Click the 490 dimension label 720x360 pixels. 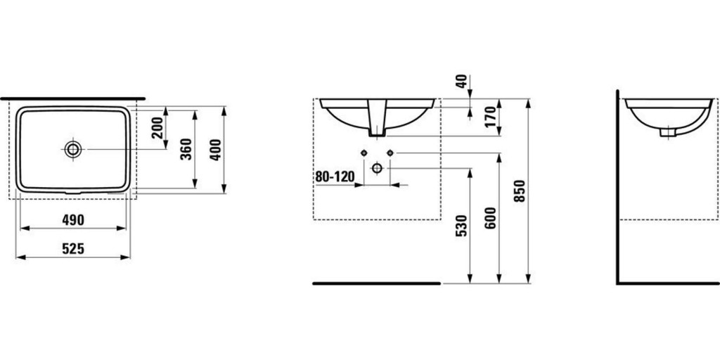pos(73,220)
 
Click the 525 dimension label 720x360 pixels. pos(73,249)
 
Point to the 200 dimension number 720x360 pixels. pos(157,128)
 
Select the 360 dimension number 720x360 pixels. pos(186,149)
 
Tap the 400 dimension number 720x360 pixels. pos(216,149)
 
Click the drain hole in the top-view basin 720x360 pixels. pos(73,149)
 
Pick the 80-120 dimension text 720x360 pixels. pos(335,176)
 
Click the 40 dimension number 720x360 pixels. pos(463,81)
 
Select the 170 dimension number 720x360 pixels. pos(491,117)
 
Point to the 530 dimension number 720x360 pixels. pos(461,226)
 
